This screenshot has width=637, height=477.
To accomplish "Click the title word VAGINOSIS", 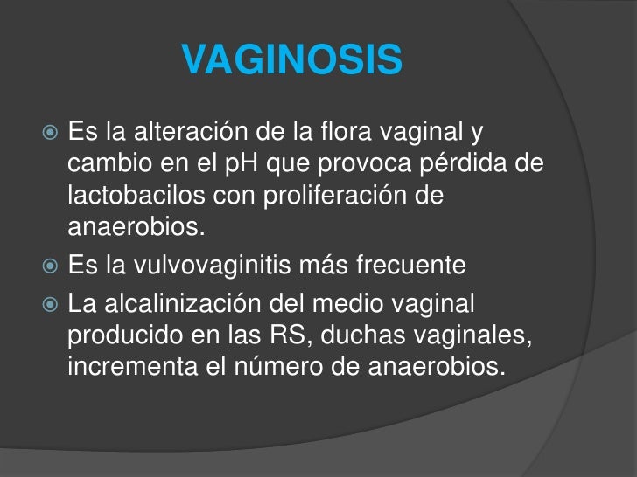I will (293, 61).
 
